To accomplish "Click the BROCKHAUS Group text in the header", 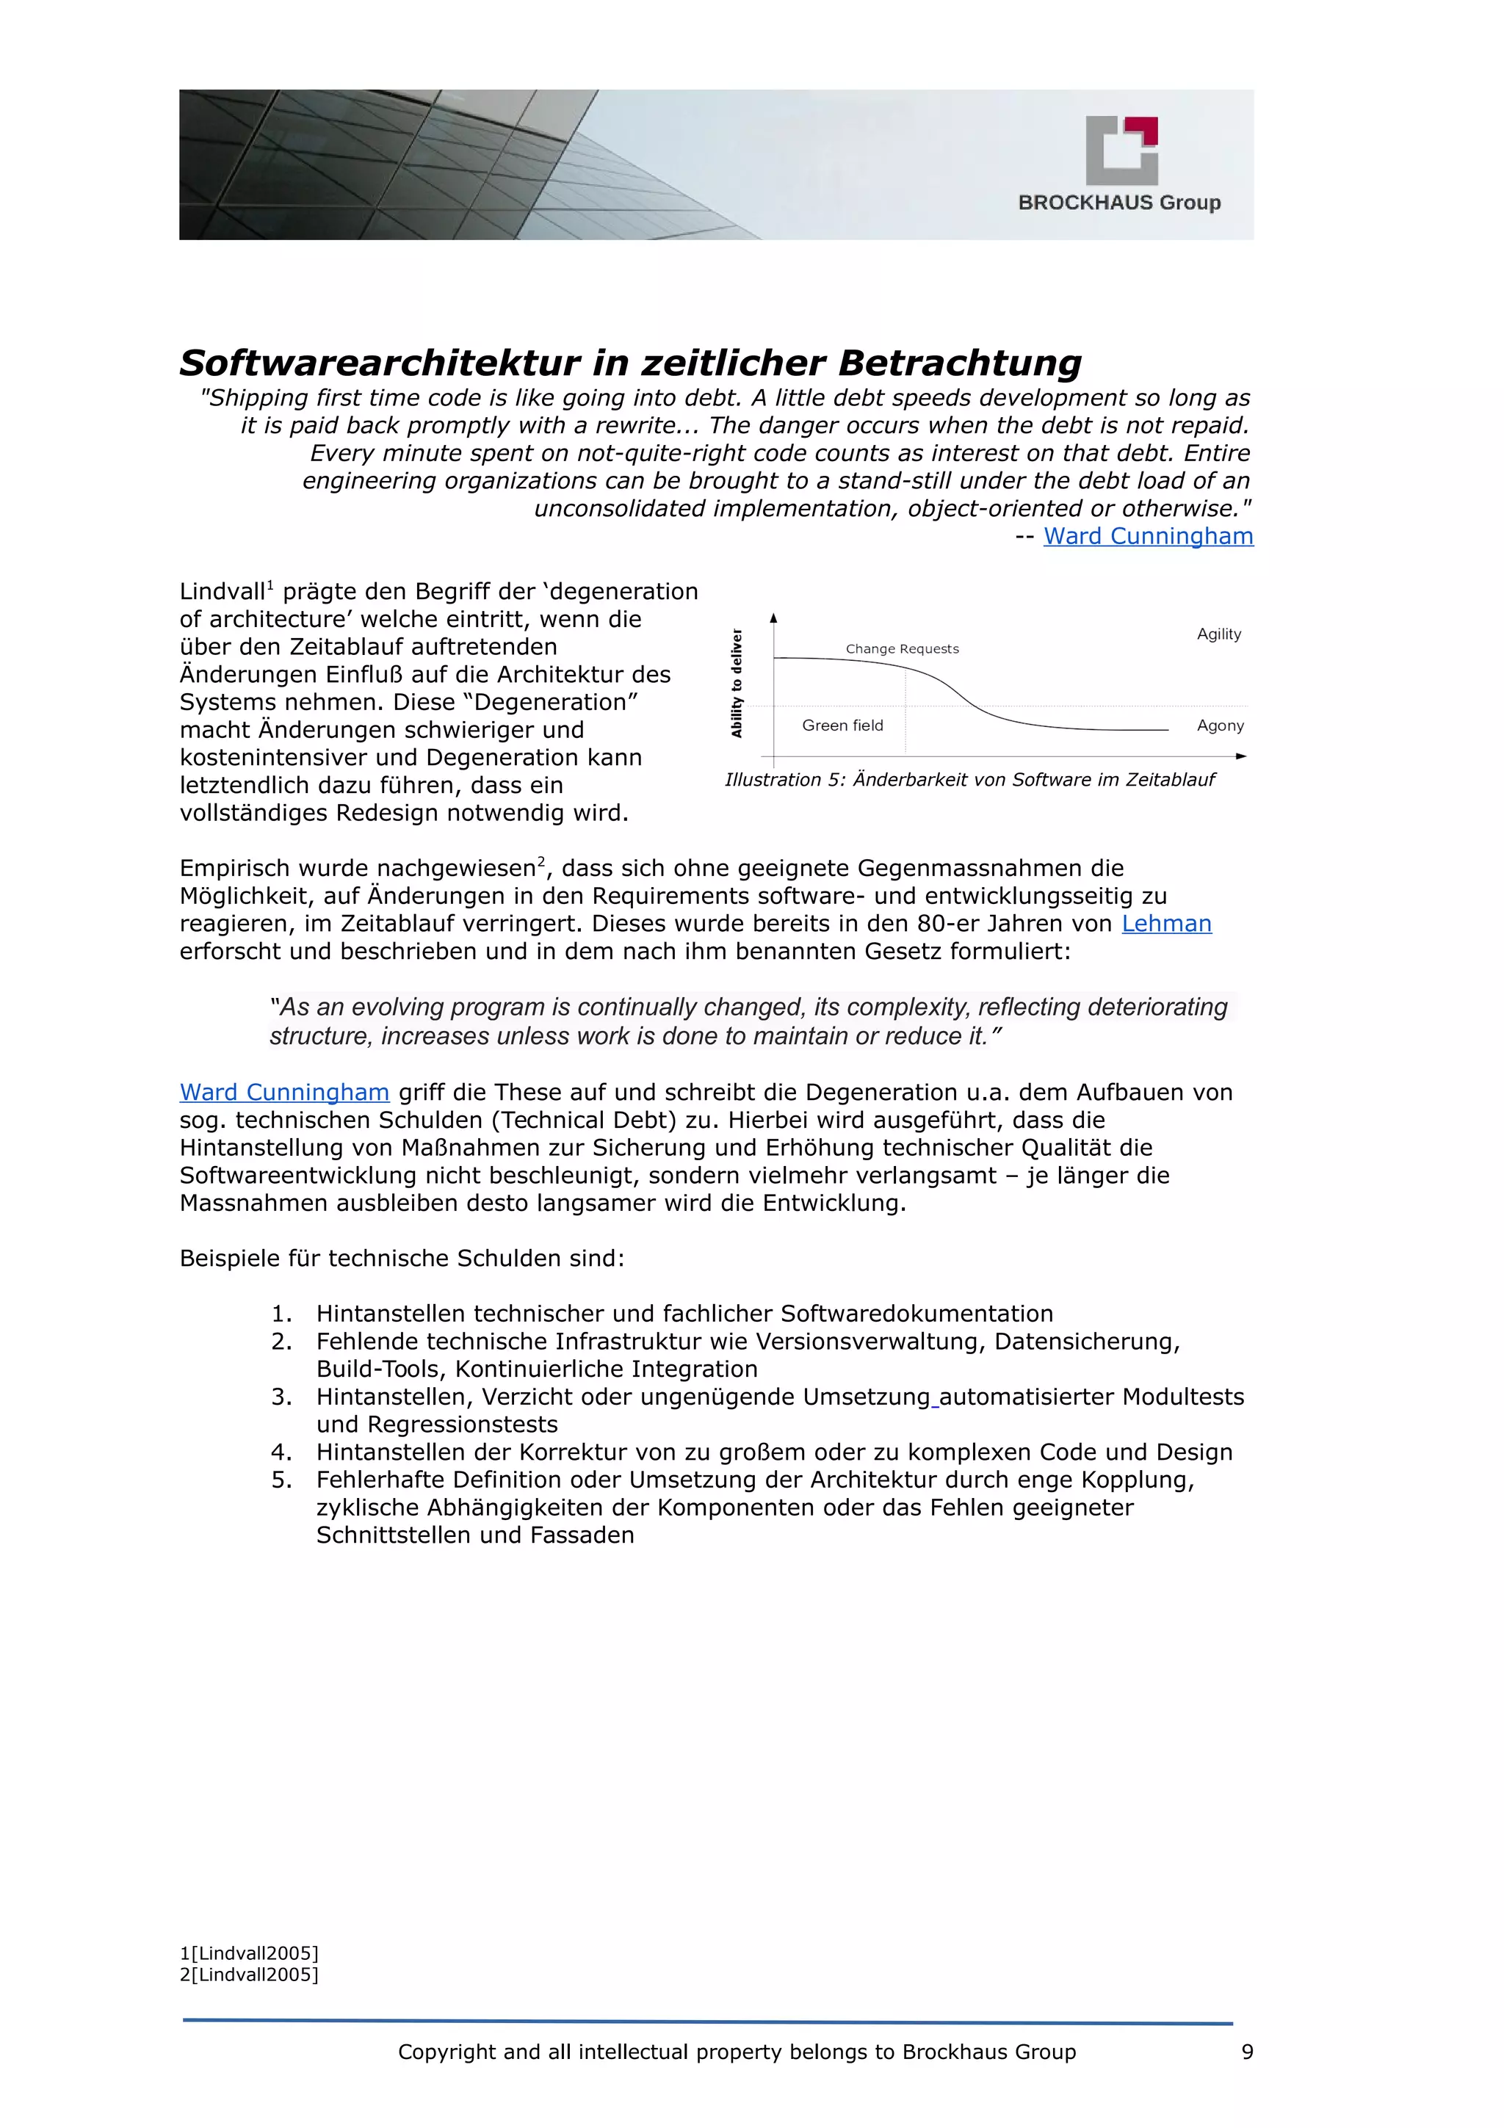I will point(1118,202).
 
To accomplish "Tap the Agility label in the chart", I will point(1218,634).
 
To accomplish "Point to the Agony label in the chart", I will point(1220,725).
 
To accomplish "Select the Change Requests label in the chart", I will point(902,649).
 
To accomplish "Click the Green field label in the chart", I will point(842,725).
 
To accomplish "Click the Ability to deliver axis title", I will point(737,683).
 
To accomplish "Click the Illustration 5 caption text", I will point(969,780).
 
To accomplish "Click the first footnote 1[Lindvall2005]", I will point(248,1953).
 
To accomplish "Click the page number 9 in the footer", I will point(1246,2052).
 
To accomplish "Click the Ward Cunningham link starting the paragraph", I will point(283,1093).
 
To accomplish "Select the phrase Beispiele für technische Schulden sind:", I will point(401,1259).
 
